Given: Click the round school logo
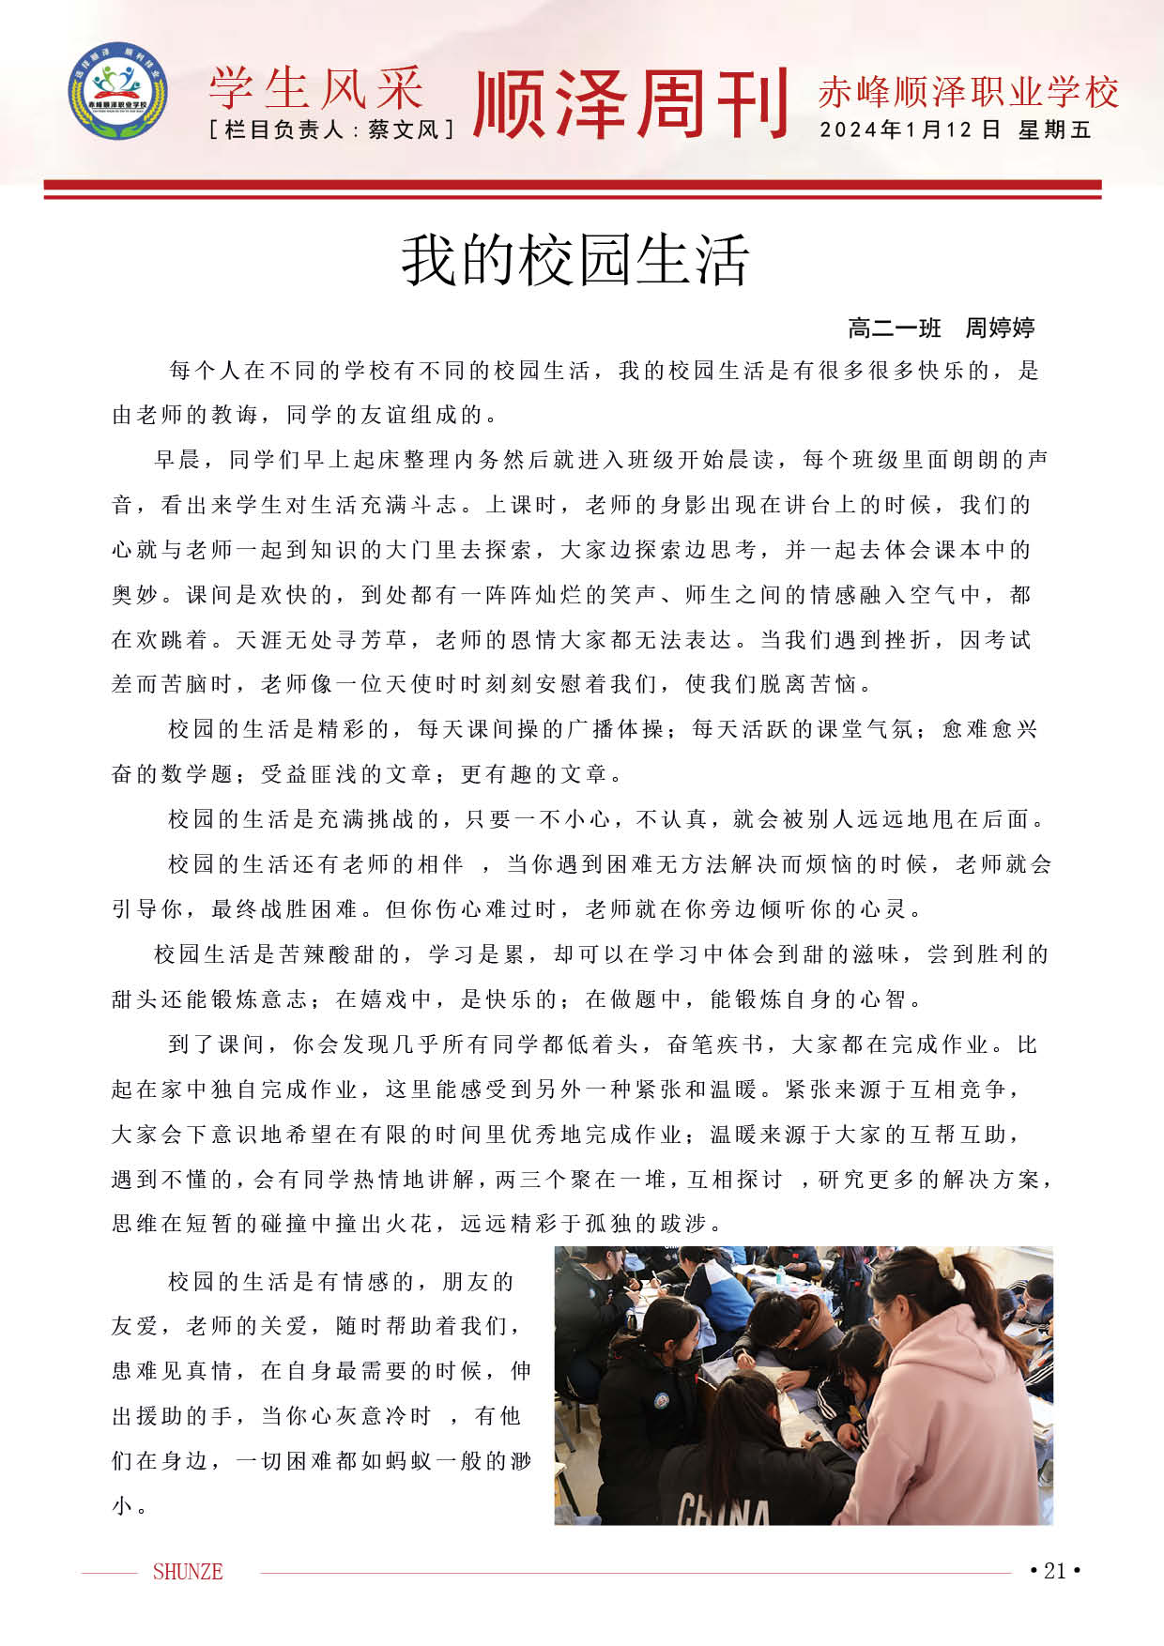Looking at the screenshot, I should pos(116,91).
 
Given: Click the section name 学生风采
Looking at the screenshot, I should pos(315,88).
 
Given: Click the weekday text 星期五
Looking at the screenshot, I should pos(1054,130).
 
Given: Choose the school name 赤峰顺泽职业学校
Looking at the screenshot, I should pos(968,93).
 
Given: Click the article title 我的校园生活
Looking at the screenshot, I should pos(575,260).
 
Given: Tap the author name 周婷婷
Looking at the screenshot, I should pos(1000,328).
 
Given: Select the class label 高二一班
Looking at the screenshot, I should pos(894,328).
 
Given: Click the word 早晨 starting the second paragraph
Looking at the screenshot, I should pos(177,460).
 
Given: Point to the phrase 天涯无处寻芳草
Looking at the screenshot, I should pos(322,640).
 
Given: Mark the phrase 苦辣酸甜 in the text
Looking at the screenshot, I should pos(328,954).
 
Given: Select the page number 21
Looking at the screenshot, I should pos(1055,1571).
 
